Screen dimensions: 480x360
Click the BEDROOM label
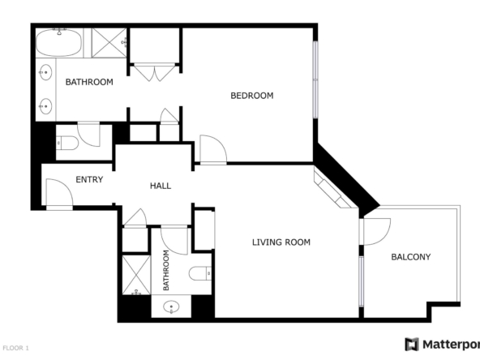(x=251, y=96)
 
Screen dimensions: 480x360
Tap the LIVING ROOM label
(x=281, y=242)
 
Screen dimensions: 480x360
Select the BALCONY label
(x=411, y=257)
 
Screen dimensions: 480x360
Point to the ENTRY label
(x=89, y=179)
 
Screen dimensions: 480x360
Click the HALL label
(x=161, y=186)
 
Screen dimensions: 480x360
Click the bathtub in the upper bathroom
(x=58, y=43)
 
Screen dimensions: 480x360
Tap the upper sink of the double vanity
(x=45, y=72)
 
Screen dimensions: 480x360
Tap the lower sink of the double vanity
(x=45, y=106)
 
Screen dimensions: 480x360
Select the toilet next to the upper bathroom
(x=67, y=143)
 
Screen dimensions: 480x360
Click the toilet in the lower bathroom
(x=200, y=273)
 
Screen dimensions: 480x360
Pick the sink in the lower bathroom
(x=171, y=306)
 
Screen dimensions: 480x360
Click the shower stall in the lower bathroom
(x=136, y=275)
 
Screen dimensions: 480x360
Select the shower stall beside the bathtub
(x=109, y=43)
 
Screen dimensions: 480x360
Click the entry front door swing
(x=59, y=193)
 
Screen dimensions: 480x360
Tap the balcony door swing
(x=376, y=232)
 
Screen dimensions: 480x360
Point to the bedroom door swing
(x=213, y=149)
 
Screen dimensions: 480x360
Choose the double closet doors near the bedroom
(x=154, y=72)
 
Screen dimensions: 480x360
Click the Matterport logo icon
(x=412, y=345)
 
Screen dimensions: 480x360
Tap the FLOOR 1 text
(x=15, y=348)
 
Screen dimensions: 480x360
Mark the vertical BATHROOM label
(x=166, y=270)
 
